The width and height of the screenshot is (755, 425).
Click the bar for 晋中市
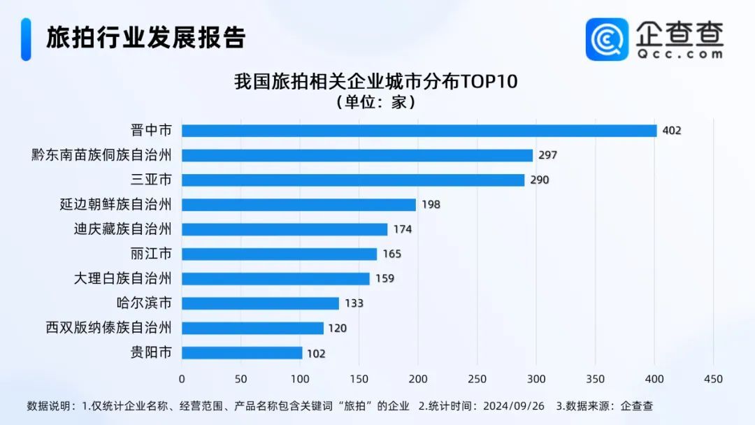[x=419, y=131]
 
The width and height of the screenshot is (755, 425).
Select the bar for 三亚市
[x=353, y=180]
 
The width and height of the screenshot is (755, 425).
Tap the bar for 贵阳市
[x=242, y=353]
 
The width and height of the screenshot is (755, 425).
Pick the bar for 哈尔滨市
[x=260, y=303]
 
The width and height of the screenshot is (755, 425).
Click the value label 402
[x=671, y=131]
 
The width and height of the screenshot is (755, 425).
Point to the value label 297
[x=547, y=155]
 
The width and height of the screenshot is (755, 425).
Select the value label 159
[x=384, y=278]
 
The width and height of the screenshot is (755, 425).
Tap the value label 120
[x=338, y=328]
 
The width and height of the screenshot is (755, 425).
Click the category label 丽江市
[x=151, y=254]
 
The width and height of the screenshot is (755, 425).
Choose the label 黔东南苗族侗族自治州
[x=102, y=155]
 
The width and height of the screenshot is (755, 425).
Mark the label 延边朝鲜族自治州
[x=116, y=205]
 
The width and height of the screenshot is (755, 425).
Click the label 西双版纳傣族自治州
[x=109, y=328]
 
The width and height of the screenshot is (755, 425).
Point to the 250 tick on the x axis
[x=477, y=379]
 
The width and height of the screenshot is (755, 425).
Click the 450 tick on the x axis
[x=713, y=379]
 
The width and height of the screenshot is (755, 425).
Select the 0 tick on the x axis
[x=182, y=379]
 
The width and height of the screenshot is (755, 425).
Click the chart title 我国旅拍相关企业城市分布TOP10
[x=375, y=82]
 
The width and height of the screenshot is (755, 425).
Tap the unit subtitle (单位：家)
[x=375, y=103]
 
